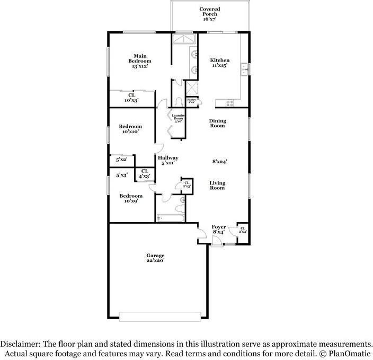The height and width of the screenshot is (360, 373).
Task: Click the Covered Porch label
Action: point(210,14)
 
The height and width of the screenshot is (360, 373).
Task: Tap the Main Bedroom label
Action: point(139,61)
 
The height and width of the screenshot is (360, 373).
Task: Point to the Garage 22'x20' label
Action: point(156,258)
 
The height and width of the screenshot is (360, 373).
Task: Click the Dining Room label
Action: point(217,124)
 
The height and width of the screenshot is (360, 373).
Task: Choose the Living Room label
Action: point(217,185)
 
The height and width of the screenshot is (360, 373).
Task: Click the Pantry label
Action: point(192,101)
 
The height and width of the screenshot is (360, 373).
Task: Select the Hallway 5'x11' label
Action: point(167,161)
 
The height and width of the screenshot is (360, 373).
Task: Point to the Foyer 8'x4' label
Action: point(219,229)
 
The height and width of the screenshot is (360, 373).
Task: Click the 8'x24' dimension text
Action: point(220,161)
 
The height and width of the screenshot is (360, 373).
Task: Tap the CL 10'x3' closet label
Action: point(131,98)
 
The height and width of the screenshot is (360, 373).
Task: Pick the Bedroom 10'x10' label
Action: point(130,129)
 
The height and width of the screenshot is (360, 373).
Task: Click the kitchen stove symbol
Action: point(230,103)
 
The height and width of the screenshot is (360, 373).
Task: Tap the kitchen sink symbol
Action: point(244,68)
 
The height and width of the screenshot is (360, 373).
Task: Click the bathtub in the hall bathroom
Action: point(170,217)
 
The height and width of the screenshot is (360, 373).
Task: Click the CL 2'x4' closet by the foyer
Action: point(242,230)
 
